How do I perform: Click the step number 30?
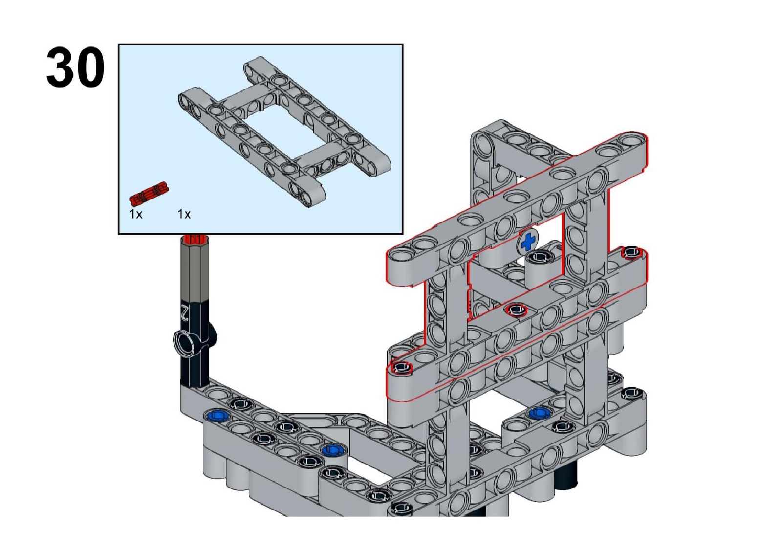click(75, 67)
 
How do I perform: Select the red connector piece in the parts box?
click(149, 194)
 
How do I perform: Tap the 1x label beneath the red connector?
click(136, 214)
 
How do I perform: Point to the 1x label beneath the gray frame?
click(184, 214)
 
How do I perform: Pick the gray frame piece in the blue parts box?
click(284, 132)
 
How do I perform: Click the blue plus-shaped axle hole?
click(528, 242)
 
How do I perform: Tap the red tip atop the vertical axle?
click(195, 239)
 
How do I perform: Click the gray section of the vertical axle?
click(195, 271)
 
